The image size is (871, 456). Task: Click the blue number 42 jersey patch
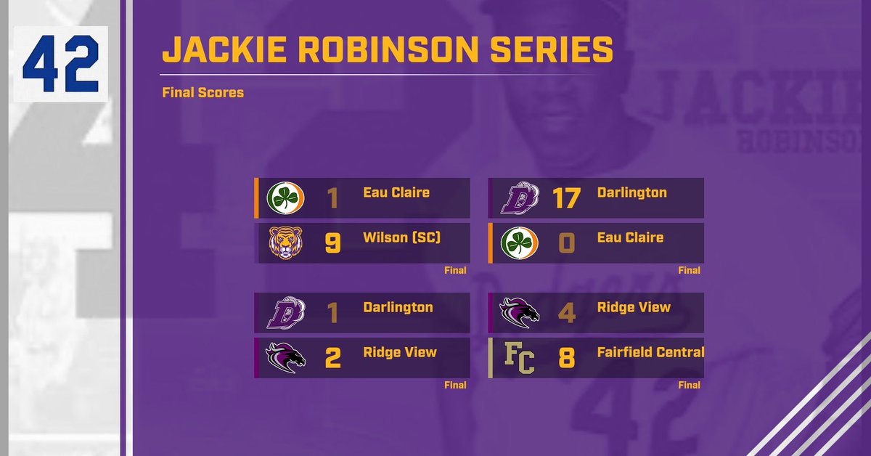(x=60, y=64)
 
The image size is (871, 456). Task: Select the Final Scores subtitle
(x=203, y=93)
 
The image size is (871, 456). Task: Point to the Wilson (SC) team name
(x=401, y=237)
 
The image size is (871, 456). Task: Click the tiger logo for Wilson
(x=285, y=243)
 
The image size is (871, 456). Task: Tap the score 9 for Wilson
(x=332, y=243)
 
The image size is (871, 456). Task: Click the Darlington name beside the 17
(x=631, y=192)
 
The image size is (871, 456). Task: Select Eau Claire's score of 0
(x=566, y=243)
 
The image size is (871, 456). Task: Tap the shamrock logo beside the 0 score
(x=519, y=243)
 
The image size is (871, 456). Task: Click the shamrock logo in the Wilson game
(x=285, y=198)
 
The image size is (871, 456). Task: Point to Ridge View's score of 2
(x=332, y=358)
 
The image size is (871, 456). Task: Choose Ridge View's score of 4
(x=566, y=313)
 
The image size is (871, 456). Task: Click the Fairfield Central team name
(x=650, y=352)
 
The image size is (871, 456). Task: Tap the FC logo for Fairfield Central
(x=519, y=358)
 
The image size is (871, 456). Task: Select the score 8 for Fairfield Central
(x=566, y=358)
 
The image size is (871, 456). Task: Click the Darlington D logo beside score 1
(x=285, y=313)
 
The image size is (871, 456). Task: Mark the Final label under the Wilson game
(x=455, y=270)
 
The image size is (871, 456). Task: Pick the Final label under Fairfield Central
(x=689, y=385)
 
